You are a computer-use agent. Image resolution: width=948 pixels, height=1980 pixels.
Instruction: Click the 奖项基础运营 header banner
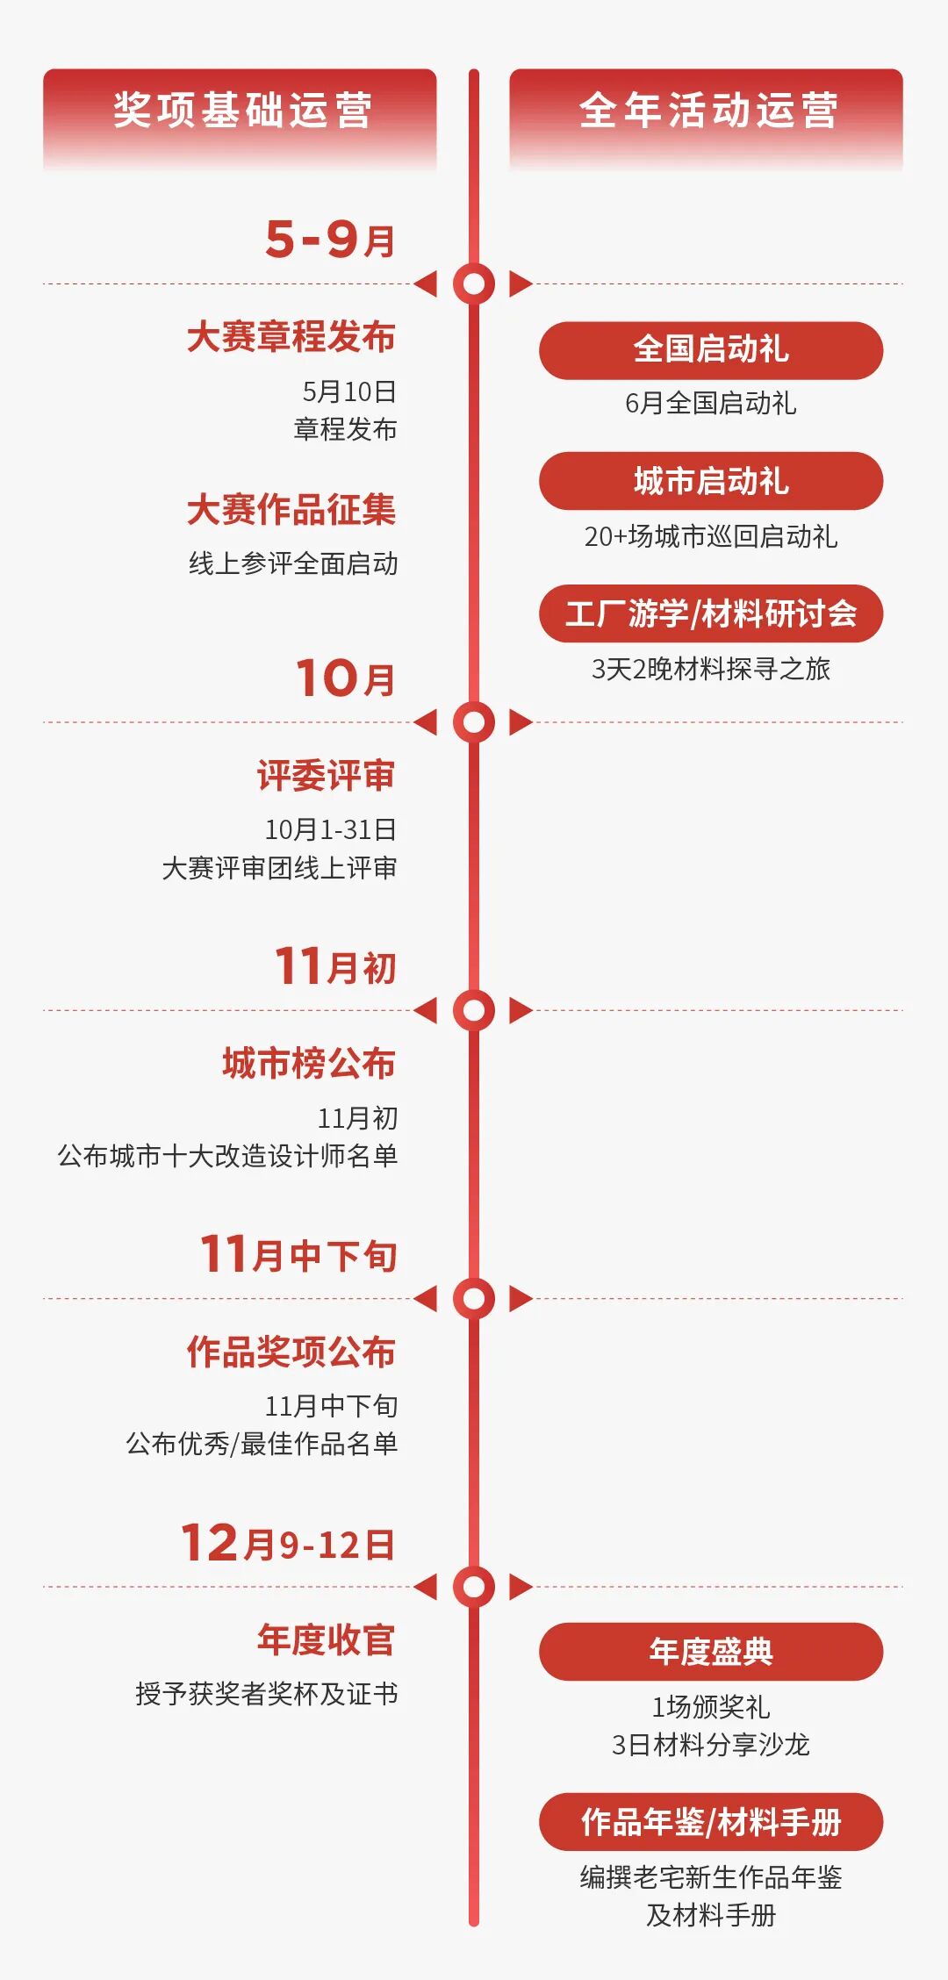tap(240, 111)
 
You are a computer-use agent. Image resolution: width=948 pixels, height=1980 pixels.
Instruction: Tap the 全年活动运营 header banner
tap(707, 111)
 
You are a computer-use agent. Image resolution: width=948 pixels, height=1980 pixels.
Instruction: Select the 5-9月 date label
tap(330, 239)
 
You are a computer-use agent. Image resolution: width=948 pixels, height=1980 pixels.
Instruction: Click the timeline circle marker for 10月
tap(474, 721)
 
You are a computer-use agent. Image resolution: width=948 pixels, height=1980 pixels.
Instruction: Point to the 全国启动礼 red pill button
tap(711, 350)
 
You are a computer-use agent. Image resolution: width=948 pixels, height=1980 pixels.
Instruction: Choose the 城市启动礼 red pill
tap(711, 481)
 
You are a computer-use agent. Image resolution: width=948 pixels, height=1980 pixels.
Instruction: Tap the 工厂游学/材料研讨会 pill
tap(711, 613)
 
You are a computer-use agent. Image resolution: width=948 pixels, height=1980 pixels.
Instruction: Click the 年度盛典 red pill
tap(711, 1652)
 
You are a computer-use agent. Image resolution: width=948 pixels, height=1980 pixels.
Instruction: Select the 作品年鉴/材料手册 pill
tap(711, 1822)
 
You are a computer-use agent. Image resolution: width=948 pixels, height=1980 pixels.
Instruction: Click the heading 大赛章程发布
tap(291, 337)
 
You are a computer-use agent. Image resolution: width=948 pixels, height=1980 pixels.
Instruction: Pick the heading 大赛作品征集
tap(291, 510)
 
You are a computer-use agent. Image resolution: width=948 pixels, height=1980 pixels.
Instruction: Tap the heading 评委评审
tap(327, 776)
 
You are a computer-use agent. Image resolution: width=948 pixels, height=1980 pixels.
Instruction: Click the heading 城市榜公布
tap(309, 1064)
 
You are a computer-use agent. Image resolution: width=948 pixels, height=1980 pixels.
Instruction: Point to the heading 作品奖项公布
tap(291, 1352)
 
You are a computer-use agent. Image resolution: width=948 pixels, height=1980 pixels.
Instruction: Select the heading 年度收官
tap(327, 1639)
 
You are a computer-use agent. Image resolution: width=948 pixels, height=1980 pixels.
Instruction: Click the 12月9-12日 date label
tap(288, 1543)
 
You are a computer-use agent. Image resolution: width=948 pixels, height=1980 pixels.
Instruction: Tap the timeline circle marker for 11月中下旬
tap(474, 1298)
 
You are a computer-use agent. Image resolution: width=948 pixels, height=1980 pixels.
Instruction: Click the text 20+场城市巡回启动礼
tap(711, 536)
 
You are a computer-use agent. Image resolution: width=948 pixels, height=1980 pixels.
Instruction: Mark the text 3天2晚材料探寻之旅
tap(711, 669)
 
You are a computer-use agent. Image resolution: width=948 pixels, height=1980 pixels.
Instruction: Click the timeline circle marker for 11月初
tap(474, 1010)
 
